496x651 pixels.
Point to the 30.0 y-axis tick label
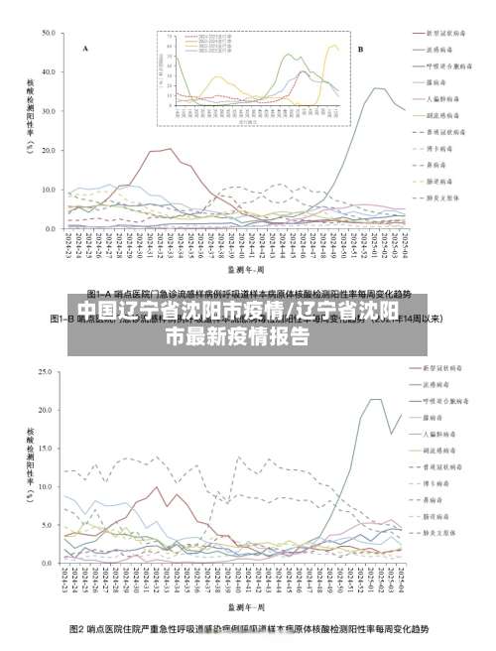coord(47,110)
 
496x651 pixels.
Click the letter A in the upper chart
coord(84,48)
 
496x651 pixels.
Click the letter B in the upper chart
coord(360,48)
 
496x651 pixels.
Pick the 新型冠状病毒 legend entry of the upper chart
coord(443,33)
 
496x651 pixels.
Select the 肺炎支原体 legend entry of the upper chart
coord(443,196)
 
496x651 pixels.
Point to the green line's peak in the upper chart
coord(376,88)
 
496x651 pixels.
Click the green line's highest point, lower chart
coord(376,399)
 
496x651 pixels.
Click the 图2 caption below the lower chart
coord(248,629)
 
